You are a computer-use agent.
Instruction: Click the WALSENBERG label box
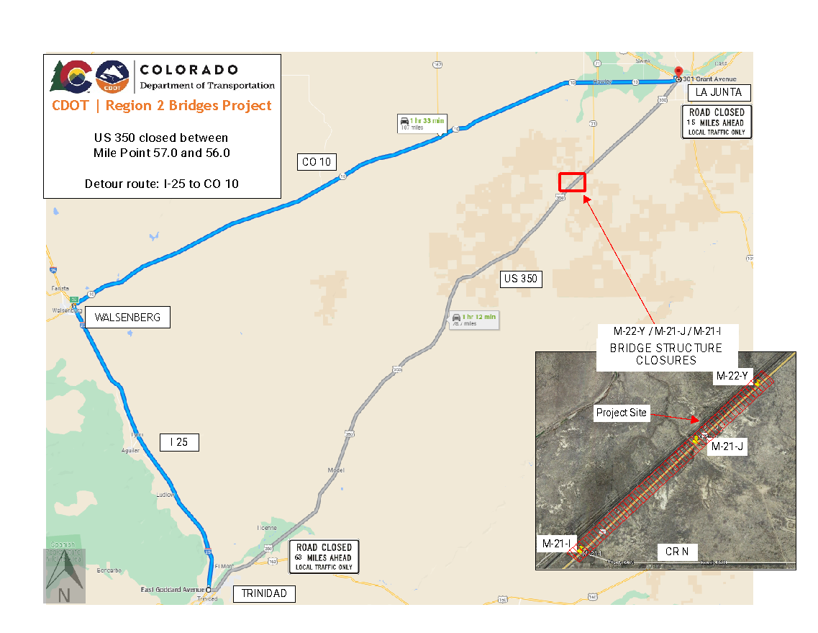pos(127,318)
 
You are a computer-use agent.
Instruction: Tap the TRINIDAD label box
pos(264,594)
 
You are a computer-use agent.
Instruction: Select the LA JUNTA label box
pos(719,92)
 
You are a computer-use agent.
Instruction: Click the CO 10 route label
pos(317,162)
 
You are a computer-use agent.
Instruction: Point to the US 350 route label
pos(520,279)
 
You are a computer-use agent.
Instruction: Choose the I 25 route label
pos(178,442)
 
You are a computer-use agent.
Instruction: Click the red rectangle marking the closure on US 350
pos(573,182)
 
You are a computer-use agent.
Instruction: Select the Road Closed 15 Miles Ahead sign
pos(717,122)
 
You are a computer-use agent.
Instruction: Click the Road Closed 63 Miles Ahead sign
pos(324,557)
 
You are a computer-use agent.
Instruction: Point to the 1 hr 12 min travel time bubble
pos(473,320)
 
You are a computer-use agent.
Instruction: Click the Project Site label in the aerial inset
pos(622,413)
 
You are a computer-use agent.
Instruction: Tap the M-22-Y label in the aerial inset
pos(733,376)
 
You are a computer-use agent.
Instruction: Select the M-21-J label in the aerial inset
pos(727,447)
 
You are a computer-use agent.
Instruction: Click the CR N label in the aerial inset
pos(676,552)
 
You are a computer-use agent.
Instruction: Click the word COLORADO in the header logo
pos(188,70)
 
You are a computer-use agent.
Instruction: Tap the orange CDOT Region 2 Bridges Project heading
pos(162,106)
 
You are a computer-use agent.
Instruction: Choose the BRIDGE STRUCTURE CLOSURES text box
pos(665,348)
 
